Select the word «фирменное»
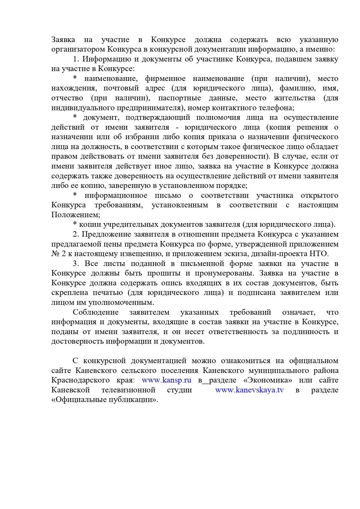pyautogui.click(x=165, y=79)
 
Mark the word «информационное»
pyautogui.click(x=116, y=195)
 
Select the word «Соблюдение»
pyautogui.click(x=95, y=312)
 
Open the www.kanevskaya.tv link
pyautogui.click(x=249, y=390)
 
